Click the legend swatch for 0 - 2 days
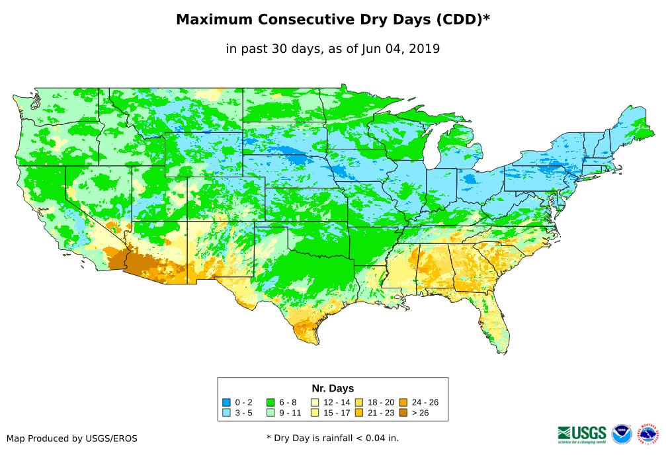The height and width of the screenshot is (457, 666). (226, 402)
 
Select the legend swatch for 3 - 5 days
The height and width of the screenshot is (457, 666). (226, 413)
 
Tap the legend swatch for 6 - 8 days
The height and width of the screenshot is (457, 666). (270, 402)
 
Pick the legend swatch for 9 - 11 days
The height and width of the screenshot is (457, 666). (270, 413)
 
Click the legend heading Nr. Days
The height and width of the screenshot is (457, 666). (333, 388)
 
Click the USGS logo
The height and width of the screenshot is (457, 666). (582, 434)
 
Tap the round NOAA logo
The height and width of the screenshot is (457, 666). (622, 434)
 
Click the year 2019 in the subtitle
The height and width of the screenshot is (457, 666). (426, 49)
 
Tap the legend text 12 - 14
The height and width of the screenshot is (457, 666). (337, 402)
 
